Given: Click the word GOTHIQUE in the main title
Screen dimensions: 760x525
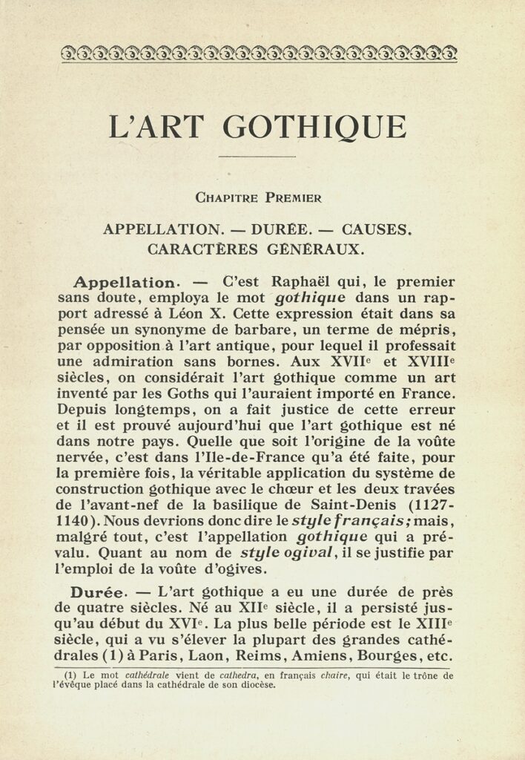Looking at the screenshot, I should click(x=314, y=127).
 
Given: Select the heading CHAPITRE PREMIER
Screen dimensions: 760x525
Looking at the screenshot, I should click(x=258, y=197).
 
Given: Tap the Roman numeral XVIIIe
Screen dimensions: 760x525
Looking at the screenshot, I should click(x=432, y=362).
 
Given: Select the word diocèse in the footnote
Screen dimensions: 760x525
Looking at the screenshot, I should click(x=257, y=685).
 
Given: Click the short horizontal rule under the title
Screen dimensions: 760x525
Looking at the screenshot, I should click(x=257, y=157).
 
